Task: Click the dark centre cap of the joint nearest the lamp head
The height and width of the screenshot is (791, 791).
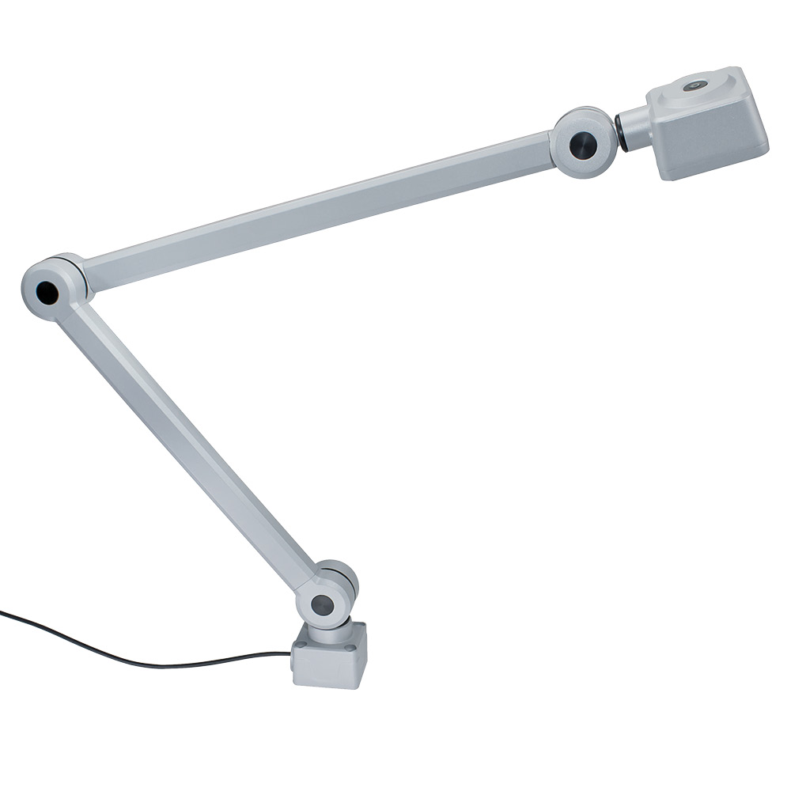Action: pyautogui.click(x=583, y=144)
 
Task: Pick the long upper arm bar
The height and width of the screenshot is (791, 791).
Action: pyautogui.click(x=316, y=210)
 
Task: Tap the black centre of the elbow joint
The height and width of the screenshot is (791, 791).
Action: pyautogui.click(x=46, y=292)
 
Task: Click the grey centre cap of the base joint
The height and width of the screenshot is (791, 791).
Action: pyautogui.click(x=321, y=606)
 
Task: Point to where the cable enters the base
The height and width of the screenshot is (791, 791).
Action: pyautogui.click(x=292, y=655)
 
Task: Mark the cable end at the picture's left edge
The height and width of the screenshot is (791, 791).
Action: pyautogui.click(x=3, y=611)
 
